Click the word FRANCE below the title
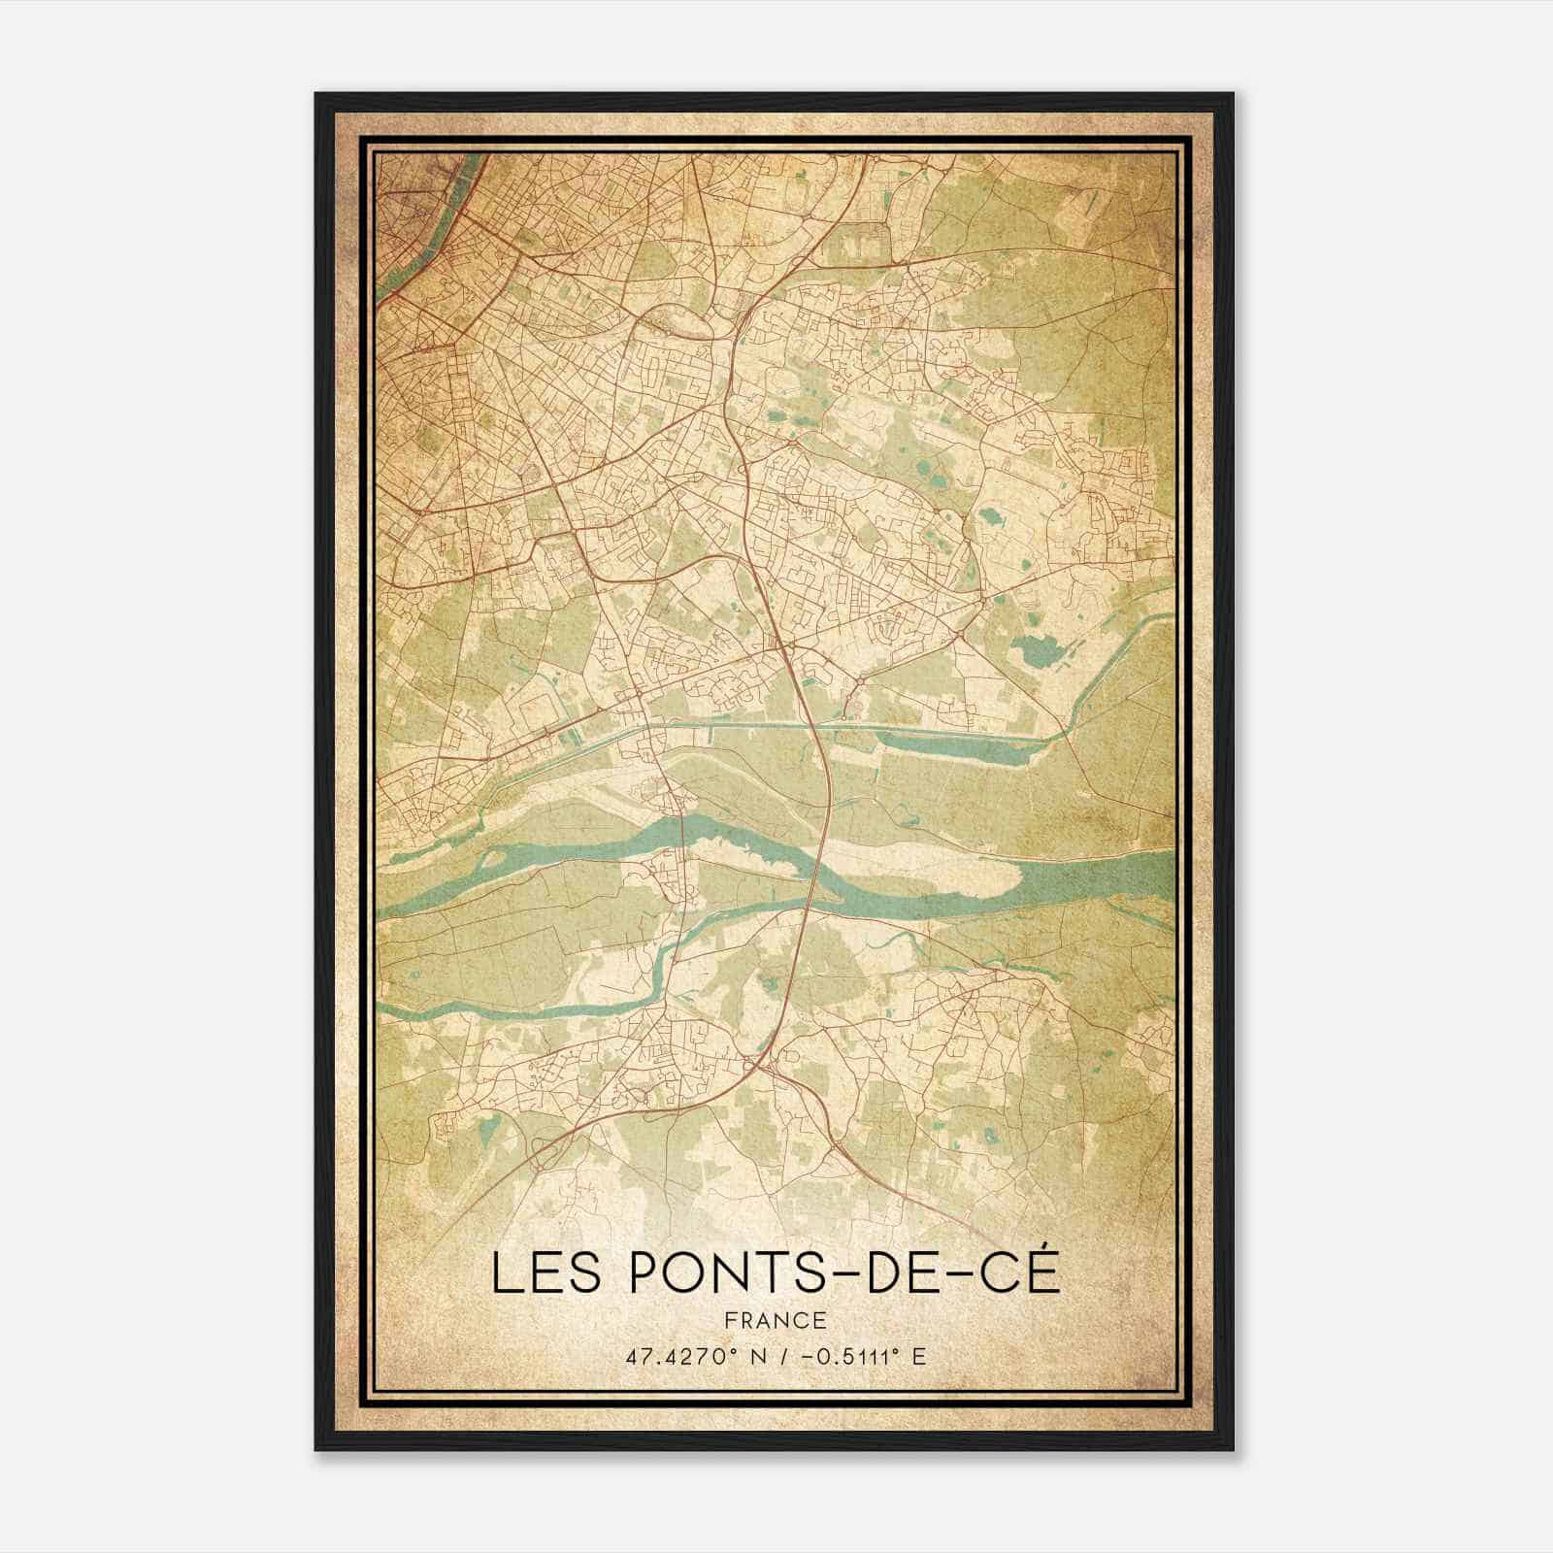(x=776, y=1320)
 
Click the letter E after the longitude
(x=918, y=1356)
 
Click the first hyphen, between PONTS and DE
(x=854, y=1274)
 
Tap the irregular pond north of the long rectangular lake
(x=1037, y=648)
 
